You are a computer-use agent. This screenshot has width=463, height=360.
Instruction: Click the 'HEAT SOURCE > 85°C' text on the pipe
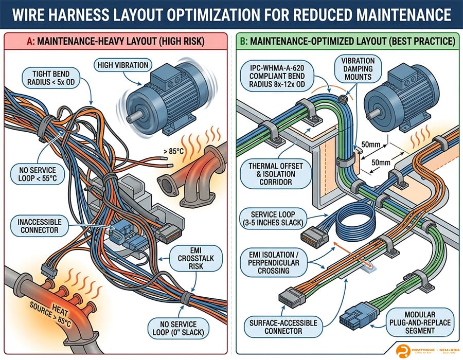pos(32,307)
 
